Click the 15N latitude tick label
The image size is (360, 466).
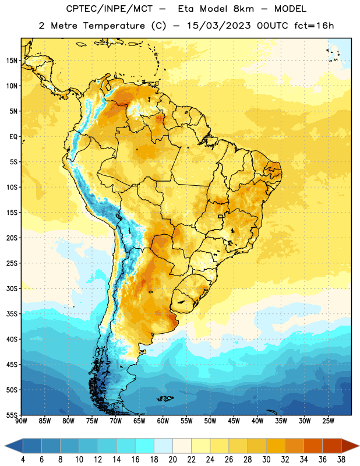coord(12,61)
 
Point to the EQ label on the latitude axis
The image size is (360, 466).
coord(13,137)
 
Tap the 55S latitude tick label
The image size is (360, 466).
coord(12,415)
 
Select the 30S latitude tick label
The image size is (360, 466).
coord(12,288)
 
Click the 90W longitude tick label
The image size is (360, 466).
coord(21,421)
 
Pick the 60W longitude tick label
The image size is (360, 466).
coord(163,421)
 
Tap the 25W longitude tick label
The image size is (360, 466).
coord(328,421)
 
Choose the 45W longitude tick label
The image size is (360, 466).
coord(234,421)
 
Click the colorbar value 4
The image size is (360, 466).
coord(23,460)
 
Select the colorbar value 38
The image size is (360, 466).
coord(341,460)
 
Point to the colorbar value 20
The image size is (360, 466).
coord(172,460)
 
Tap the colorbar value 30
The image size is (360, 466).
coord(266,460)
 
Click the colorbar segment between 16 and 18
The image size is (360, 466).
coord(144,446)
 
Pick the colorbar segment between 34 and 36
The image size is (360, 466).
coord(313,446)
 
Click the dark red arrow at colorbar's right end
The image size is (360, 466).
coord(350,446)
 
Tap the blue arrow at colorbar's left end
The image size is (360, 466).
coord(13,446)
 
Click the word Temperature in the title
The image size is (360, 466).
coord(114,26)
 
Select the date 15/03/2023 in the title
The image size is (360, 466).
coord(219,26)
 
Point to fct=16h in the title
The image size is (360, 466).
coord(314,26)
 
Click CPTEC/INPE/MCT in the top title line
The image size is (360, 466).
coord(110,9)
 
